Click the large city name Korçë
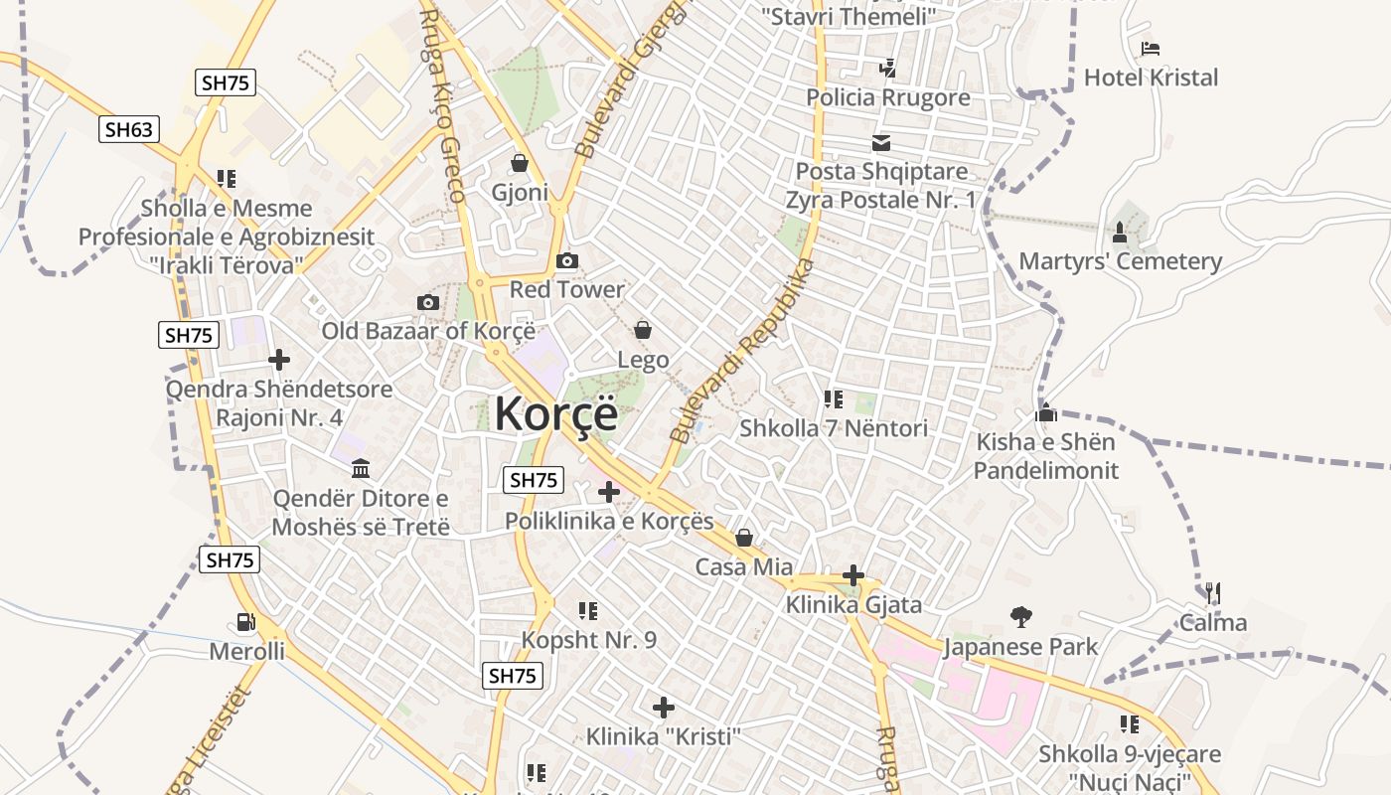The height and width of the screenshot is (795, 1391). [x=555, y=413]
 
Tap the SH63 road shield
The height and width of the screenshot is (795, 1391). [x=129, y=129]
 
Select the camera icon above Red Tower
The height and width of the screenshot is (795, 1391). [x=567, y=261]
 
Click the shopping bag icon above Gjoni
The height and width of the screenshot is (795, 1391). [x=519, y=163]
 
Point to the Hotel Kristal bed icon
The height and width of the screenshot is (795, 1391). [x=1151, y=49]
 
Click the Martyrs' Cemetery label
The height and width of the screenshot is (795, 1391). [x=1120, y=262]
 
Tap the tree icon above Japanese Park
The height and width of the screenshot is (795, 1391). [x=1020, y=617]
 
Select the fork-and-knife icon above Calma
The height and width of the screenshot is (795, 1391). [x=1212, y=594]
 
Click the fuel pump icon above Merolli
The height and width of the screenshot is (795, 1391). [x=245, y=623]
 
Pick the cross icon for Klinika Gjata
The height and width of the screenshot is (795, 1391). [x=852, y=575]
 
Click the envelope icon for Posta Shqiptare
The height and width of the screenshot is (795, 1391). [x=881, y=143]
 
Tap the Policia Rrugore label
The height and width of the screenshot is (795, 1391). [x=888, y=97]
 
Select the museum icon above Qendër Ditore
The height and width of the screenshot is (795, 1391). [x=361, y=468]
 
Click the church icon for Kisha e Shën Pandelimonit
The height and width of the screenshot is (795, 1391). [x=1045, y=412]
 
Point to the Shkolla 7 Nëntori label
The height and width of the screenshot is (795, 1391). [x=834, y=428]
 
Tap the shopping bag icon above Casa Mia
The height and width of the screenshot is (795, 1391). [x=743, y=539]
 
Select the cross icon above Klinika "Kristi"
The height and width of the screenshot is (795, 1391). [x=663, y=708]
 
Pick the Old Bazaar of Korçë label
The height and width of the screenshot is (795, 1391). [x=428, y=331]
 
